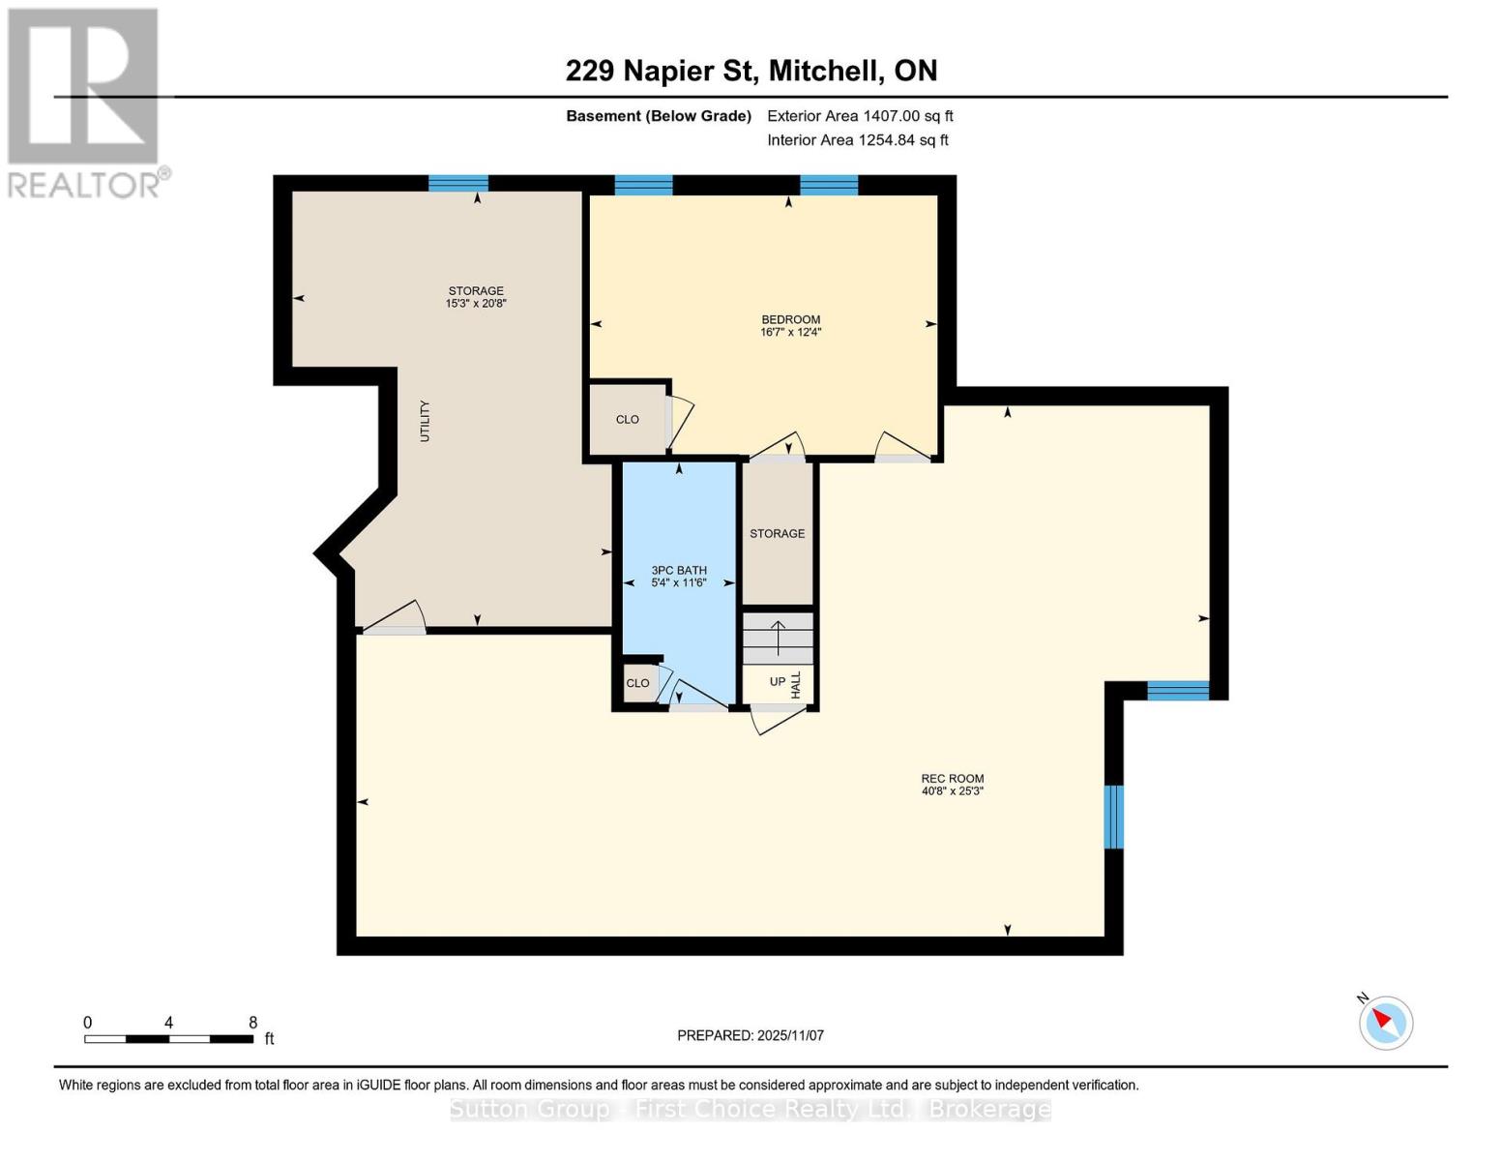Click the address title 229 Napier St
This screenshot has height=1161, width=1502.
[x=751, y=71]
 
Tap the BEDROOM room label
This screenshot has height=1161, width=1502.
[x=790, y=319]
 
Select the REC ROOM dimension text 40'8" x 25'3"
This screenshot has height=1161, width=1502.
[x=952, y=791]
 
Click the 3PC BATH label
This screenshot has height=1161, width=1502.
[x=679, y=570]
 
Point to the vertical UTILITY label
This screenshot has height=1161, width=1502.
[x=425, y=421]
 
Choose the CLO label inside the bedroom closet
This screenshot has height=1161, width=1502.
[x=628, y=419]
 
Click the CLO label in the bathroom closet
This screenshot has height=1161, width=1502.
[x=637, y=683]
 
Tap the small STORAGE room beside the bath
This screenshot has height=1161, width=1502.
[x=777, y=533]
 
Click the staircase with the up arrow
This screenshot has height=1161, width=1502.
[x=778, y=638]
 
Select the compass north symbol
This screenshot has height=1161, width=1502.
[x=1385, y=1022]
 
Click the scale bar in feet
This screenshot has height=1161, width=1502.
[x=169, y=1038]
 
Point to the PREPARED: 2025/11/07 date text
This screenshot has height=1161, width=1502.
[x=751, y=1035]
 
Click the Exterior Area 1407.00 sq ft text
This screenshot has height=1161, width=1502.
[x=860, y=116]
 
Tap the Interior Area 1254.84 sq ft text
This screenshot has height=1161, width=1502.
[x=857, y=140]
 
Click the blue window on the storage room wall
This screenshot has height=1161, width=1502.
[x=458, y=183]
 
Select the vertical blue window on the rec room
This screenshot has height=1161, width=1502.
[x=1114, y=817]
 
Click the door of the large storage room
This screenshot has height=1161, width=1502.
[x=394, y=619]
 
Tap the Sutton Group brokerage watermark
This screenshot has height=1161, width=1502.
[x=751, y=1109]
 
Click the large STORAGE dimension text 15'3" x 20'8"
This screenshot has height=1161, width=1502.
[x=476, y=304]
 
